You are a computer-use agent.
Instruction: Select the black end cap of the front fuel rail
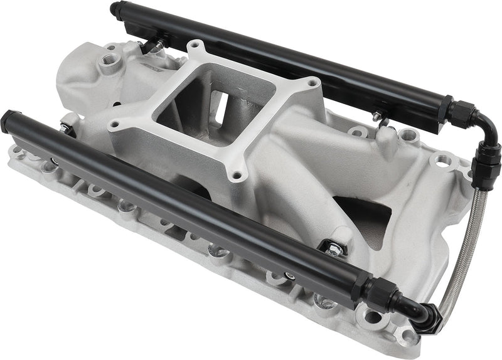[9, 119]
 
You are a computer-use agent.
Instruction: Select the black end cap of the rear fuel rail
[115, 9]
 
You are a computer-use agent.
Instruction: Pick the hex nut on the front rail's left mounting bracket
[65, 129]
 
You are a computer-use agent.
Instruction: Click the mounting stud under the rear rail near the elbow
[376, 115]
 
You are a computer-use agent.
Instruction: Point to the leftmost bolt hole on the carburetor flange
[114, 125]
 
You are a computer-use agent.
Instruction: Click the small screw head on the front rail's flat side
[291, 275]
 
